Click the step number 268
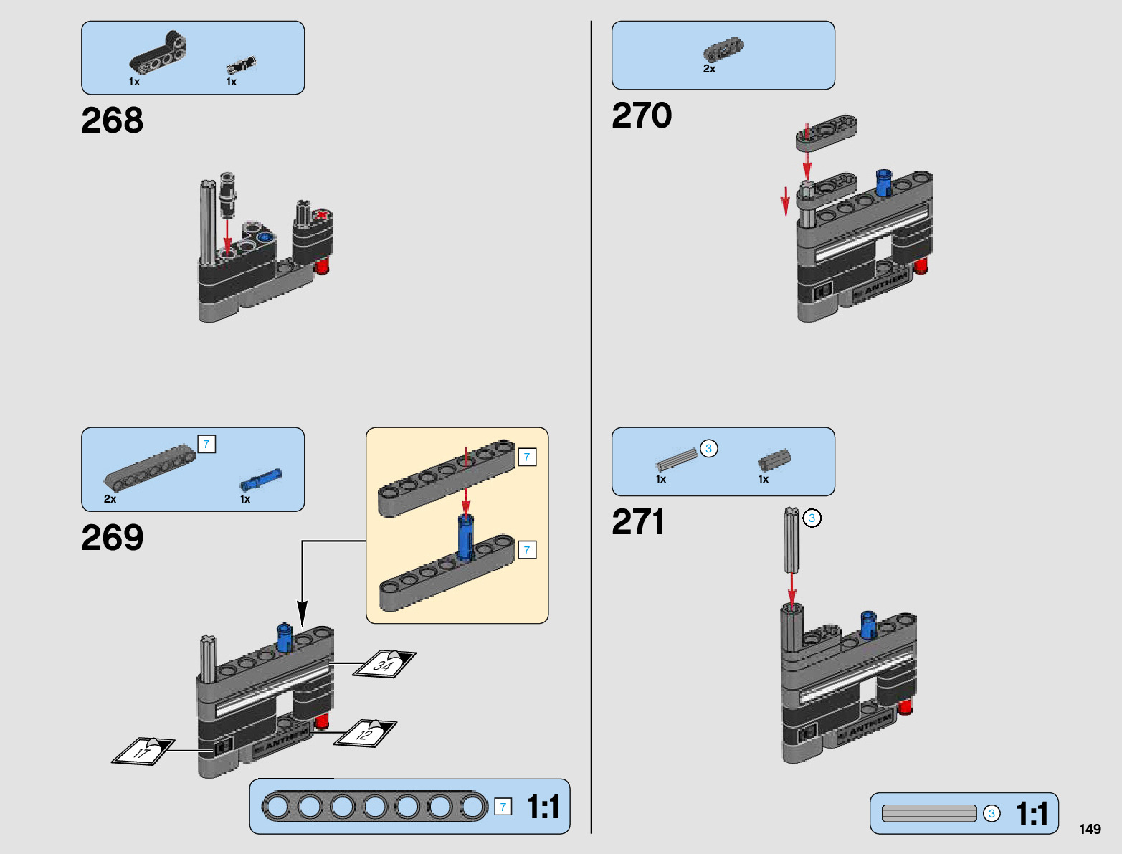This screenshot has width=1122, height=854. point(112,120)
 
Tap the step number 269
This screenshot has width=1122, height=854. point(112,538)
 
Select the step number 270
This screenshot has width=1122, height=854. point(642,115)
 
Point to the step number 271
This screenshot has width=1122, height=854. point(637,522)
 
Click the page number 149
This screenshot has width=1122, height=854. point(1090,830)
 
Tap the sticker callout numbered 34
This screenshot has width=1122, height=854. point(384,665)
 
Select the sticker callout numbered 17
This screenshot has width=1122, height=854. point(143,751)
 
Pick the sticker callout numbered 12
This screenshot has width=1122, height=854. point(366,734)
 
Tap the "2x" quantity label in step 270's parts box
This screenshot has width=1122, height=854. point(709,70)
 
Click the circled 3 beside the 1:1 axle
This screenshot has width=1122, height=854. point(992,814)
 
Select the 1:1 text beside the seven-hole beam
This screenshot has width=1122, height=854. point(543,807)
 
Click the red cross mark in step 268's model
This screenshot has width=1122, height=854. point(323,215)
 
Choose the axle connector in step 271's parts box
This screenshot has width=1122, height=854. point(774,460)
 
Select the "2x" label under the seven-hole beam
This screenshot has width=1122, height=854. point(110,499)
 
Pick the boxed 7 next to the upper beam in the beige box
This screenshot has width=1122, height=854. point(527,457)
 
